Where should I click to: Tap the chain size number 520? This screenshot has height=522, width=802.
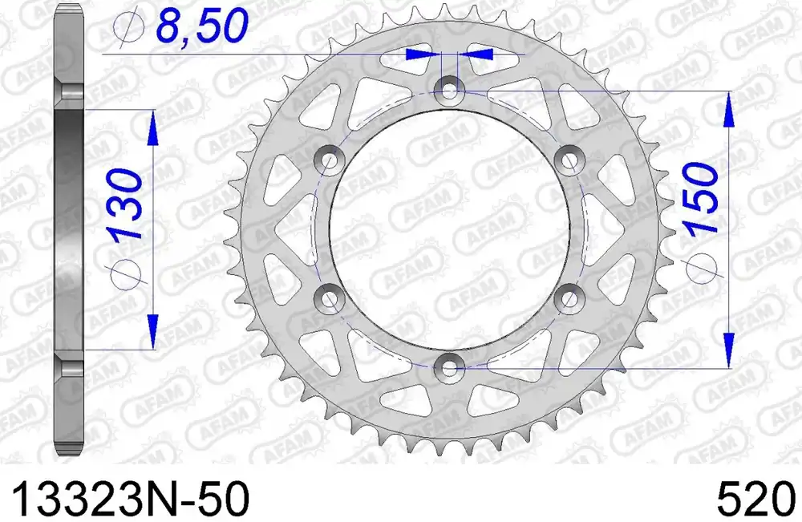[755, 499]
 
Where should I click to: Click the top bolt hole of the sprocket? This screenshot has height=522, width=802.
[449, 89]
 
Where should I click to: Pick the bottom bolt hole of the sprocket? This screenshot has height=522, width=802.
[449, 368]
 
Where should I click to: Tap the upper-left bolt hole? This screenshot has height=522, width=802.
[329, 160]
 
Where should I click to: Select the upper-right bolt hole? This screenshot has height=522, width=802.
[569, 160]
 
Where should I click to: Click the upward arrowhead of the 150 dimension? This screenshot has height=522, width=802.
[728, 108]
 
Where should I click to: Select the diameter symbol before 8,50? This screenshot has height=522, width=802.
[128, 28]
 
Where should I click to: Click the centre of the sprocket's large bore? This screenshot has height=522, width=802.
[449, 229]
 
